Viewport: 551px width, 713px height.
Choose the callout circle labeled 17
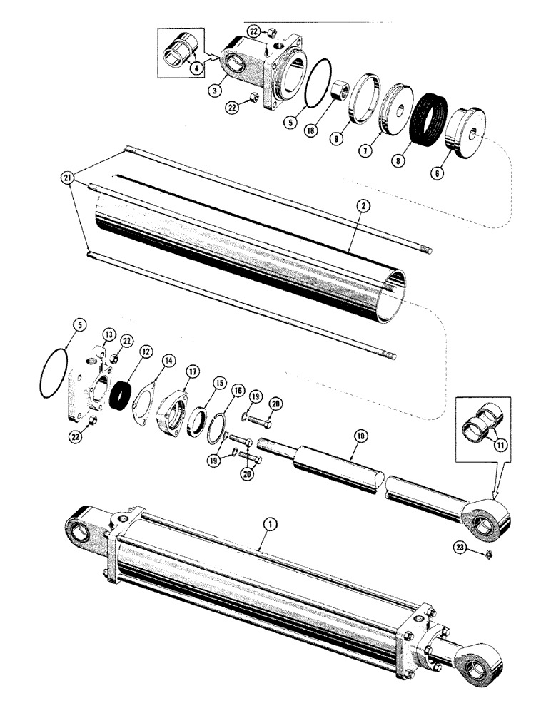coord(191,370)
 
